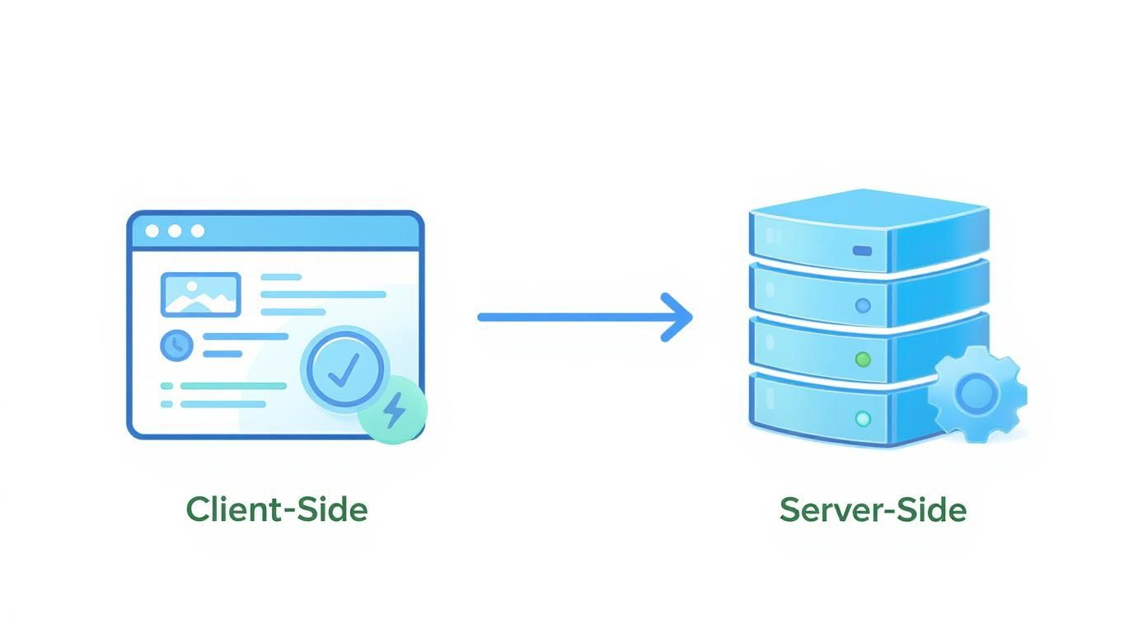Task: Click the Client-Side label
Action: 277,510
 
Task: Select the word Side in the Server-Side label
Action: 930,510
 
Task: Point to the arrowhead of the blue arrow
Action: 680,317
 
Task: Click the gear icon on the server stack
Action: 977,394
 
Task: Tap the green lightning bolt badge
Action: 393,410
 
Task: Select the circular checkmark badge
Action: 344,369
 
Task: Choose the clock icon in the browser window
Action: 176,345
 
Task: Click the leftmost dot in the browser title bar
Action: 152,231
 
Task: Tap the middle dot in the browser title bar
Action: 175,231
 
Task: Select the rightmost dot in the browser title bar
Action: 197,231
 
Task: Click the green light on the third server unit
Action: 863,359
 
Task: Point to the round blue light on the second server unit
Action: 863,306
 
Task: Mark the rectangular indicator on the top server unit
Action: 862,251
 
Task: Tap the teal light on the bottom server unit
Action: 863,419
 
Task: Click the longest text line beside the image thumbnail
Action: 323,294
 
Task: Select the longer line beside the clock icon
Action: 246,336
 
